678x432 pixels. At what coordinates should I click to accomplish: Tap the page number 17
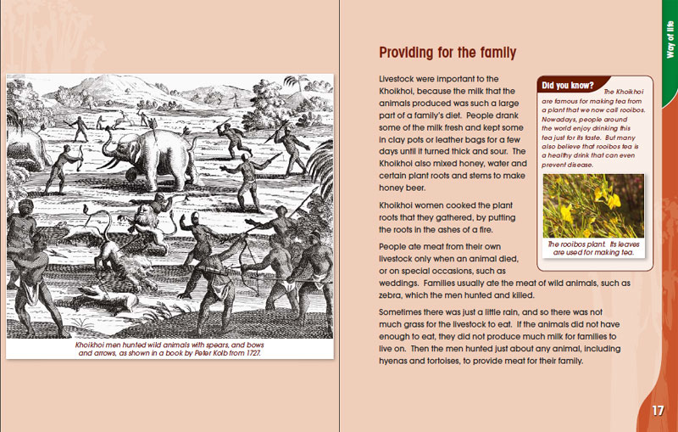pyautogui.click(x=659, y=411)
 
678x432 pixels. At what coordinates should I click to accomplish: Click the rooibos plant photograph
pyautogui.click(x=593, y=206)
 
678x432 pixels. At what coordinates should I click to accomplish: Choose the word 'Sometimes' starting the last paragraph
pyautogui.click(x=404, y=312)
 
